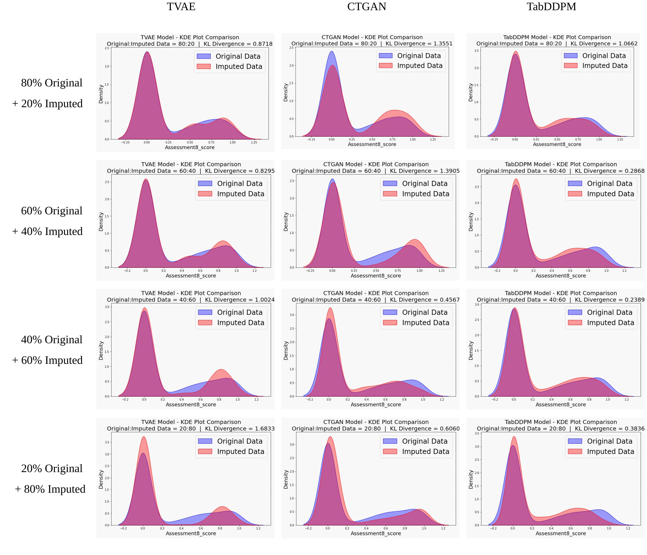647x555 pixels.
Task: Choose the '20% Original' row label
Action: click(52, 468)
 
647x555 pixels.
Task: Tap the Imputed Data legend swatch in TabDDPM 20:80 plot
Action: click(575, 452)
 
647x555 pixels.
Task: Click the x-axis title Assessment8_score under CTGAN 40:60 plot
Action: click(376, 404)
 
